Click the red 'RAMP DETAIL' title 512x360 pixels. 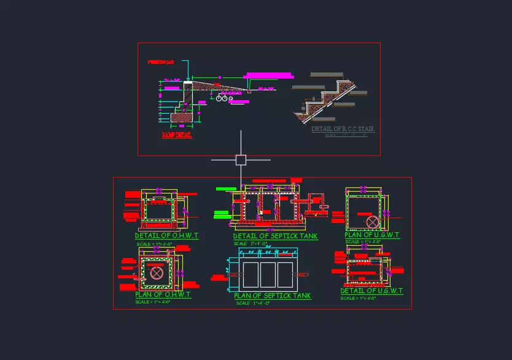[177, 135]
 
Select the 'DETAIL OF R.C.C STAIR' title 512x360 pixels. [343, 129]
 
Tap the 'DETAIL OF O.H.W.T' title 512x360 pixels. [166, 235]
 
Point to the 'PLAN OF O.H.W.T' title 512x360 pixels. [163, 295]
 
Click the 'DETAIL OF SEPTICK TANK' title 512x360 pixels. [275, 237]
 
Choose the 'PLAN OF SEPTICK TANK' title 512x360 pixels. [273, 296]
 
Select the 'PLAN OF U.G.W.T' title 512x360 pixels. [372, 235]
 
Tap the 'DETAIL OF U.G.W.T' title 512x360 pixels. [371, 291]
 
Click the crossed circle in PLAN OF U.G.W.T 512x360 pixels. [372, 221]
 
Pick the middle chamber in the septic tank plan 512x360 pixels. [268, 274]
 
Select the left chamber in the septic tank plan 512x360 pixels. [250, 274]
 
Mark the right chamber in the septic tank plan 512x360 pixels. [285, 274]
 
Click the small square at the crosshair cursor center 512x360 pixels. [241, 160]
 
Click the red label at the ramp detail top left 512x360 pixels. [161, 63]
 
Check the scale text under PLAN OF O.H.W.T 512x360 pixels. [152, 302]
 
